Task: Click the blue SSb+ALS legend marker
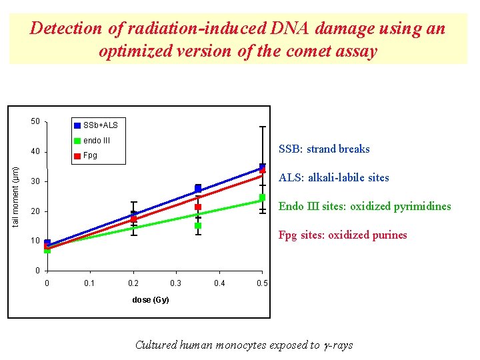coord(77,125)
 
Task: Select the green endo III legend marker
coord(77,141)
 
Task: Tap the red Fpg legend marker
coord(77,156)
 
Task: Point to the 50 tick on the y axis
coord(35,121)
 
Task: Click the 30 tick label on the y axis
coord(35,182)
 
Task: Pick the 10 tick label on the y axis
coord(35,241)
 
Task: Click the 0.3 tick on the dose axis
coord(176,283)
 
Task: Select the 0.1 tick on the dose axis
coord(89,283)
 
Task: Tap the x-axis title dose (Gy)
coord(151,300)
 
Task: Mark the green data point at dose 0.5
coord(263,197)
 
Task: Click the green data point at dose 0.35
coord(198,225)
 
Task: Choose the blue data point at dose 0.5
coord(263,167)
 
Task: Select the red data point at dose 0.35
coord(198,207)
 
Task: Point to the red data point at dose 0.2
coord(134,219)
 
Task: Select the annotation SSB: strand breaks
coord(324,149)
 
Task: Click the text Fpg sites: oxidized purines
coord(342,235)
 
